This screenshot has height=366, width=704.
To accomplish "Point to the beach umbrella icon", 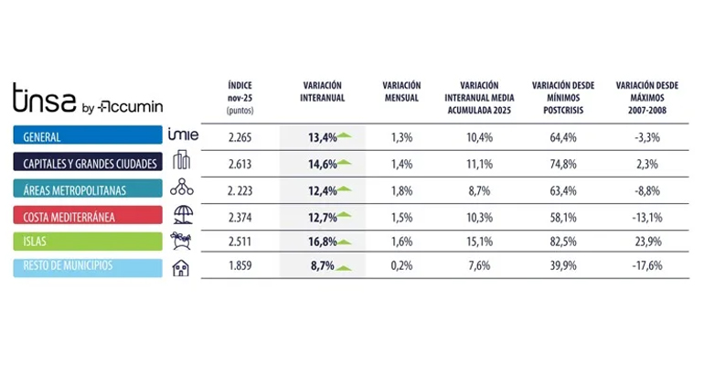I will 183,215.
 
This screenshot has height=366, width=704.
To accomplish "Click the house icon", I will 183,268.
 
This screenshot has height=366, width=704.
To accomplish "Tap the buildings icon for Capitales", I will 183,163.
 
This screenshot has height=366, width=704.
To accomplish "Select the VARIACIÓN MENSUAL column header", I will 401,91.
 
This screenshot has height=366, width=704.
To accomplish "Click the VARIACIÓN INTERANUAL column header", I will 322,91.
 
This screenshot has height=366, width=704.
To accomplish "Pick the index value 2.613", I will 241,163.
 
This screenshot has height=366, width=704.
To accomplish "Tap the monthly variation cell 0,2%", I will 401,268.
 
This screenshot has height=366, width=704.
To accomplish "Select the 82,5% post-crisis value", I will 562,242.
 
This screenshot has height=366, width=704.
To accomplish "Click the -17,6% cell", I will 646,268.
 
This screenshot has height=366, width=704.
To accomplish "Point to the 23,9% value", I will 646,242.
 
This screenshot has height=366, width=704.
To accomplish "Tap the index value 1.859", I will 241,268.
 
